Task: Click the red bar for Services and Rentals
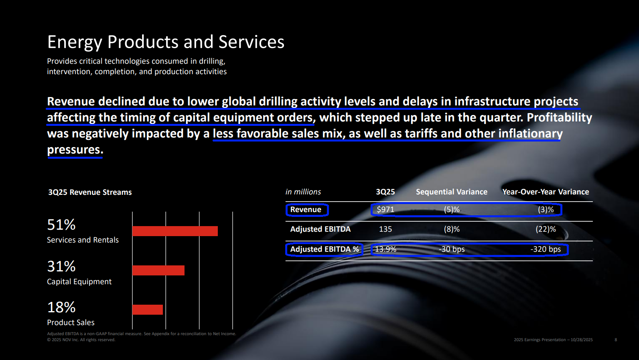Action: tap(175, 231)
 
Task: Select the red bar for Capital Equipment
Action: tap(158, 270)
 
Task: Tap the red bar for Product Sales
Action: tap(148, 309)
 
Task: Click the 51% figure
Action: tap(61, 224)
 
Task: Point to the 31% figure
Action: tap(61, 266)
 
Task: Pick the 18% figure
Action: tap(61, 307)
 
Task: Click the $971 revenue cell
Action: tap(385, 210)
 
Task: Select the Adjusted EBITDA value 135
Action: tap(385, 229)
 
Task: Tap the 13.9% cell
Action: tap(385, 249)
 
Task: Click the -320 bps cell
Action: tap(546, 249)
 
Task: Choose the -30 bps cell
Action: tap(452, 249)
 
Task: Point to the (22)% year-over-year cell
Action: tap(546, 229)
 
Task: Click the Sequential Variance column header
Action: tap(452, 192)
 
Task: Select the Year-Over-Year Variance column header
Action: tap(546, 192)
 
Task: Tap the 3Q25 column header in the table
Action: tap(385, 192)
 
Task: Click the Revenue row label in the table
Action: tap(306, 210)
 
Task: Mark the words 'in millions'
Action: tap(303, 192)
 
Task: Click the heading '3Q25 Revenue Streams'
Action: tap(90, 192)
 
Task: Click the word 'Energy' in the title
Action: tap(75, 42)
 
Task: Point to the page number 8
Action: tap(616, 340)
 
